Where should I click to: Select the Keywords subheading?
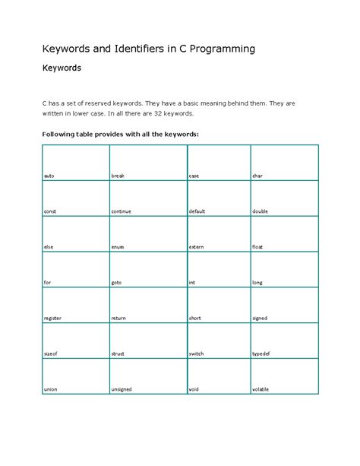[62, 68]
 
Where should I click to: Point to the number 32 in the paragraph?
[159, 113]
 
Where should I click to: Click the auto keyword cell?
[49, 176]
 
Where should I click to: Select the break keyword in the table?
[118, 176]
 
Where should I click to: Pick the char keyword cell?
[257, 176]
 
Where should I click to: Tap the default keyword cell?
[197, 211]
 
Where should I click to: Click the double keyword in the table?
[261, 211]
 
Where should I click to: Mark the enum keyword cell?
[117, 247]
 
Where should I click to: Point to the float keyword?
[258, 247]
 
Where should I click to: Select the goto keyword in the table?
[116, 283]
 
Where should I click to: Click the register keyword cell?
[52, 318]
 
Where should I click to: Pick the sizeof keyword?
[51, 353]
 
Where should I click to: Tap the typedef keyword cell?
[261, 353]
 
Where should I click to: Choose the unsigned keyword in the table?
[122, 389]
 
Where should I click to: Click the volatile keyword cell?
[261, 389]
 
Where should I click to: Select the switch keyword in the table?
[196, 353]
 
